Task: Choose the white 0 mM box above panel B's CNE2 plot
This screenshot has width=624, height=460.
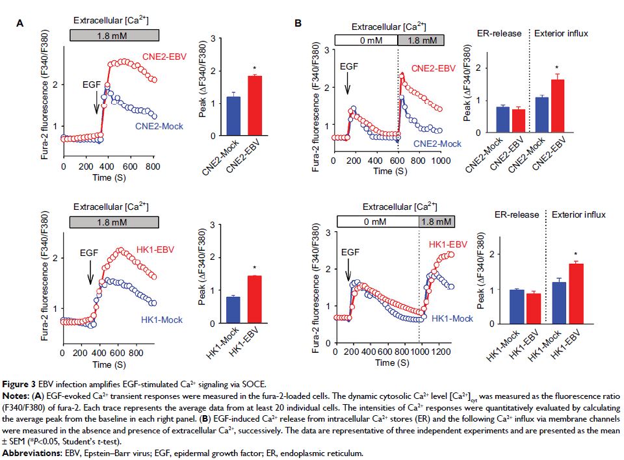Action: point(366,40)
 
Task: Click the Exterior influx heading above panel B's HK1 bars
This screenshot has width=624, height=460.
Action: point(578,214)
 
